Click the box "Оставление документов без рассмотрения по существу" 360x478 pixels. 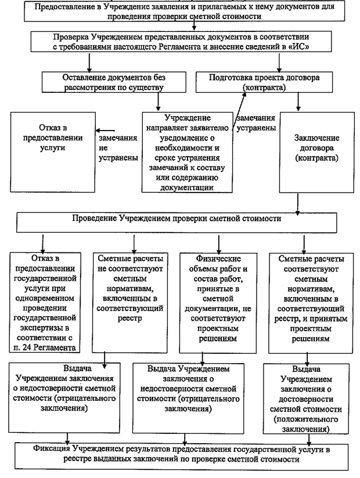point(114,82)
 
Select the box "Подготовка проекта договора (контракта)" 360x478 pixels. point(264,82)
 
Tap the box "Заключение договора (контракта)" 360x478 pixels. point(317,153)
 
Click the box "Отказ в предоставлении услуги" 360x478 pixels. point(53,152)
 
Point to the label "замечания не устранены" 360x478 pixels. point(118,148)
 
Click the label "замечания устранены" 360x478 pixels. point(256,123)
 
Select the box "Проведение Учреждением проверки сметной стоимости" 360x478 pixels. point(177,223)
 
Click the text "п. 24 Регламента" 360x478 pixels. point(45,347)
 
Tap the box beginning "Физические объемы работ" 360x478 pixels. point(218,303)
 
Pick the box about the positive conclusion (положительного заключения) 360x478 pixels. point(306,399)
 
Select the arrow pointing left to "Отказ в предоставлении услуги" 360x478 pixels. point(105,131)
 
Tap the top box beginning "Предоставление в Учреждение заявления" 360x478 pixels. point(184,12)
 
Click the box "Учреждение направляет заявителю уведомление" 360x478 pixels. point(187,153)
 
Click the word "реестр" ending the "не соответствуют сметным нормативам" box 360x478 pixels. point(130,318)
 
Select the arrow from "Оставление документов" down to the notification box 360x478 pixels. point(158,102)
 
